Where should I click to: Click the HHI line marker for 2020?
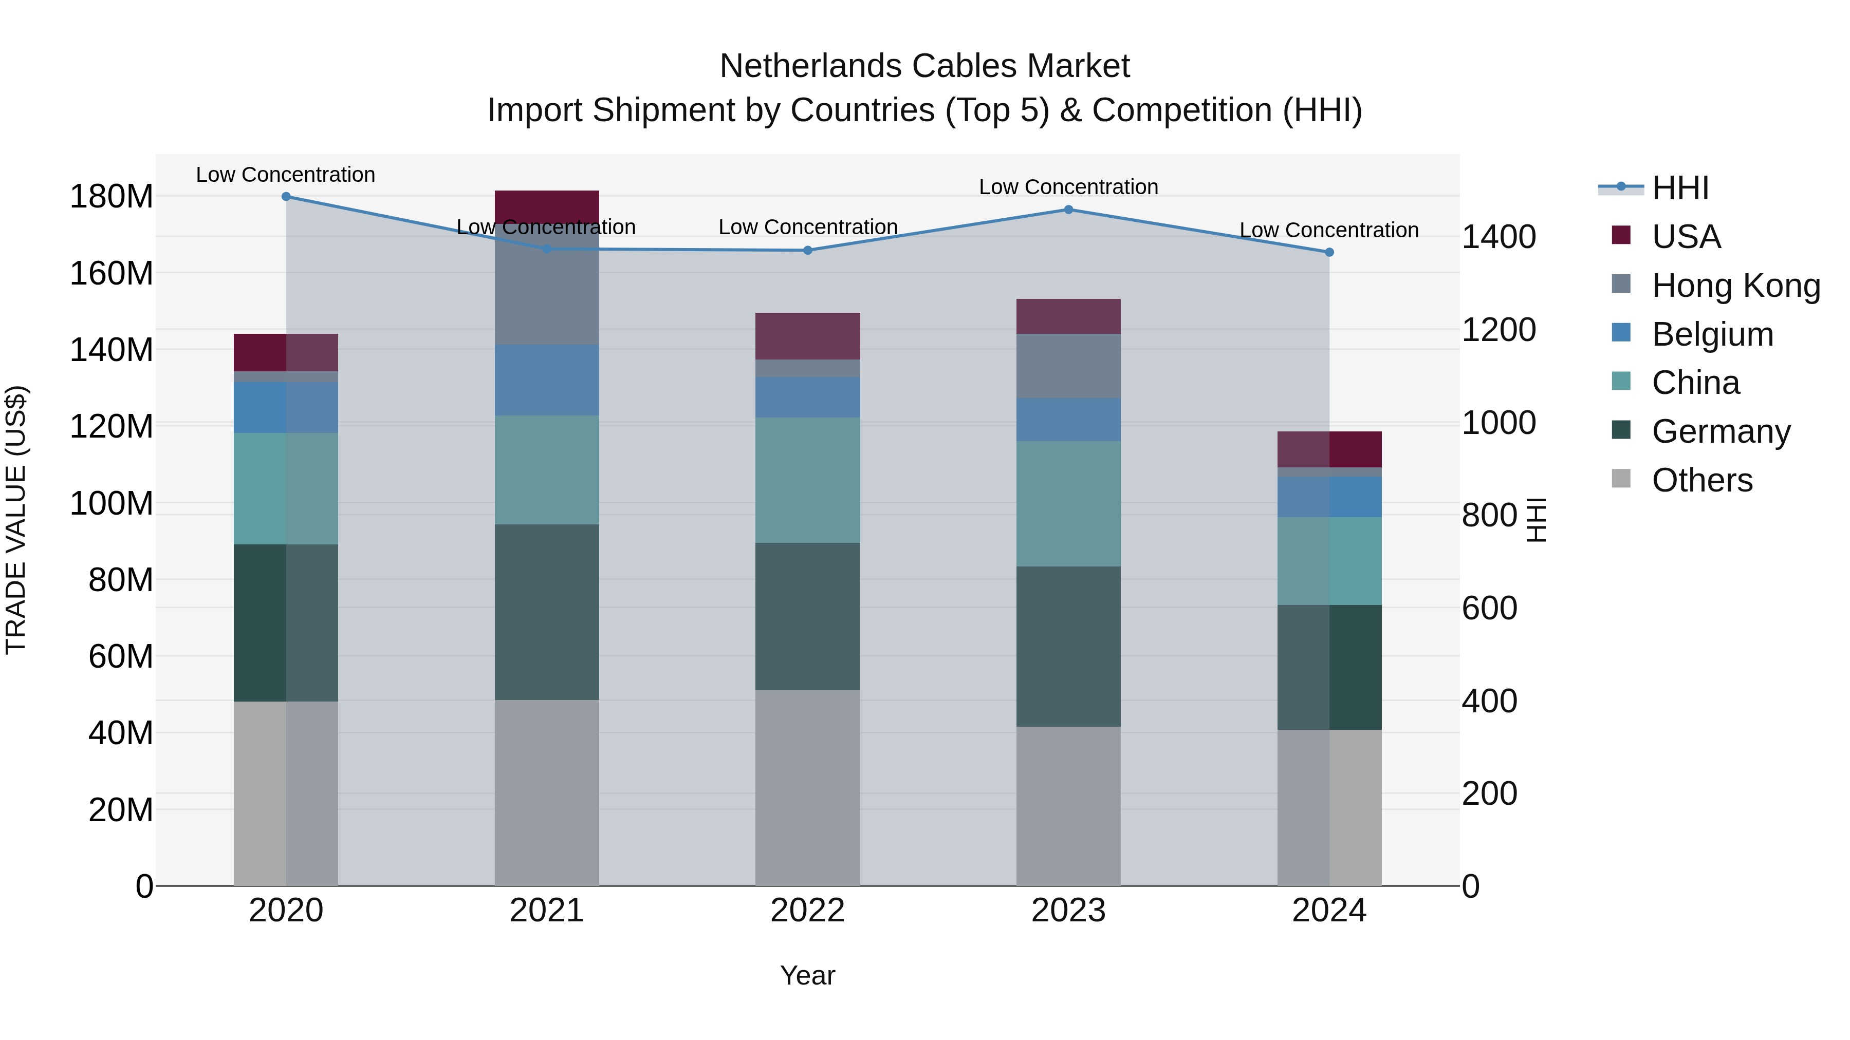click(x=286, y=197)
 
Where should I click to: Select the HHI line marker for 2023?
click(x=1068, y=210)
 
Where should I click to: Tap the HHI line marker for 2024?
click(x=1328, y=253)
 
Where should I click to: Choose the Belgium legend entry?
click(x=1712, y=334)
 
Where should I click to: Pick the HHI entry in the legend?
click(x=1680, y=188)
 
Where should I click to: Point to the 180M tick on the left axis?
click(x=112, y=197)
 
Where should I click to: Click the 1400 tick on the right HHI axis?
click(x=1499, y=237)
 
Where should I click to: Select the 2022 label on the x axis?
click(x=807, y=911)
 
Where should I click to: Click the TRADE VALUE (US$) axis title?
click(x=16, y=520)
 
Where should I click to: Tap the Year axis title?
click(x=807, y=975)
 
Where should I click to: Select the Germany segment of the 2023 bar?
click(x=1068, y=646)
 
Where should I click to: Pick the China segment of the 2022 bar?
click(x=807, y=480)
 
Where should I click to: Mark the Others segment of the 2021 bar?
click(x=547, y=792)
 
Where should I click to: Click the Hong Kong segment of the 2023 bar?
click(x=1068, y=366)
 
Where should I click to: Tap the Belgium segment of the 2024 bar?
click(x=1328, y=497)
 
